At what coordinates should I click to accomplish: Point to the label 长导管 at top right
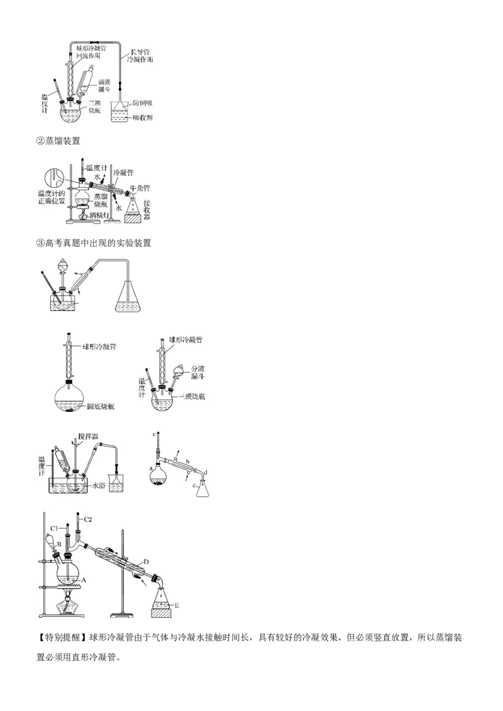(x=140, y=51)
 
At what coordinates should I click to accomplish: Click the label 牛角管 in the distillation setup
(x=138, y=187)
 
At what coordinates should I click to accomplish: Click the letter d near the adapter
(x=206, y=473)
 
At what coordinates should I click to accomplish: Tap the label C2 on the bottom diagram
(x=89, y=519)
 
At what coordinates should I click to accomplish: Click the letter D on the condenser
(x=145, y=560)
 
